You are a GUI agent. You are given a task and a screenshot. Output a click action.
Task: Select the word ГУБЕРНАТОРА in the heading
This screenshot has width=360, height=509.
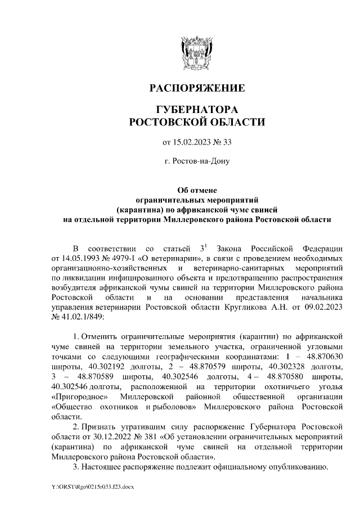(196, 109)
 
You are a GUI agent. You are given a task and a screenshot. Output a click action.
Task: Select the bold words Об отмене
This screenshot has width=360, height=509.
(196, 190)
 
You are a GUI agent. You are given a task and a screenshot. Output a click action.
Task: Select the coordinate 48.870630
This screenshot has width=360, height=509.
(323, 357)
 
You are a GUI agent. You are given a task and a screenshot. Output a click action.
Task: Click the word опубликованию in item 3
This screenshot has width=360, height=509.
(294, 467)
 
